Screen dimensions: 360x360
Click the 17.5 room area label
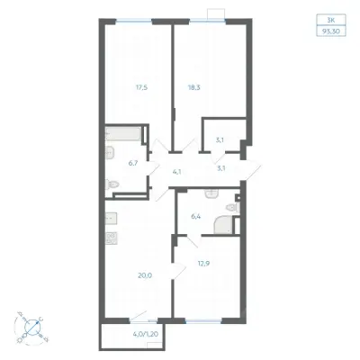coord(141,87)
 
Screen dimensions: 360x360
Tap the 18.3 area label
coord(195,87)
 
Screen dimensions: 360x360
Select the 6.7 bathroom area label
coord(133,163)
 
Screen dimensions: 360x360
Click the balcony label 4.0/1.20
coord(145,333)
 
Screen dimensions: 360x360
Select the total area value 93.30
coord(331,31)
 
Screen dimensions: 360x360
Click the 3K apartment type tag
coord(331,20)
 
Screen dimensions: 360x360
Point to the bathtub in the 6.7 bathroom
coord(123,134)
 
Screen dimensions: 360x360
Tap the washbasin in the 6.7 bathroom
coord(110,153)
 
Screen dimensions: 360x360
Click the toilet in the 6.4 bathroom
coord(233,208)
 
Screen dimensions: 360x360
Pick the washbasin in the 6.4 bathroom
coord(212,194)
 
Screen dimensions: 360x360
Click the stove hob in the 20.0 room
coord(112,238)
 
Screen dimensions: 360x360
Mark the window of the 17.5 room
coord(134,21)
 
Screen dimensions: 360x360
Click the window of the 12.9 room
coord(203,321)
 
